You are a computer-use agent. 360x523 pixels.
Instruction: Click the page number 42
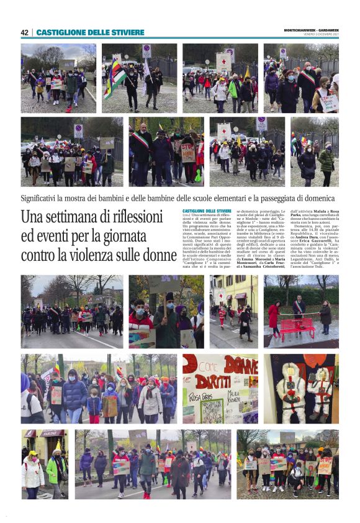coord(24,33)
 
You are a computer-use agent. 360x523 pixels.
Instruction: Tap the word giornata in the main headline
coord(141,237)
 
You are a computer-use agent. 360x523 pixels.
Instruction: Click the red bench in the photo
coord(298,326)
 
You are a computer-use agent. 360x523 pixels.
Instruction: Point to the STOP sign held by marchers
coord(187,152)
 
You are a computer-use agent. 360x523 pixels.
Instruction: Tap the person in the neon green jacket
coord(56,469)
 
